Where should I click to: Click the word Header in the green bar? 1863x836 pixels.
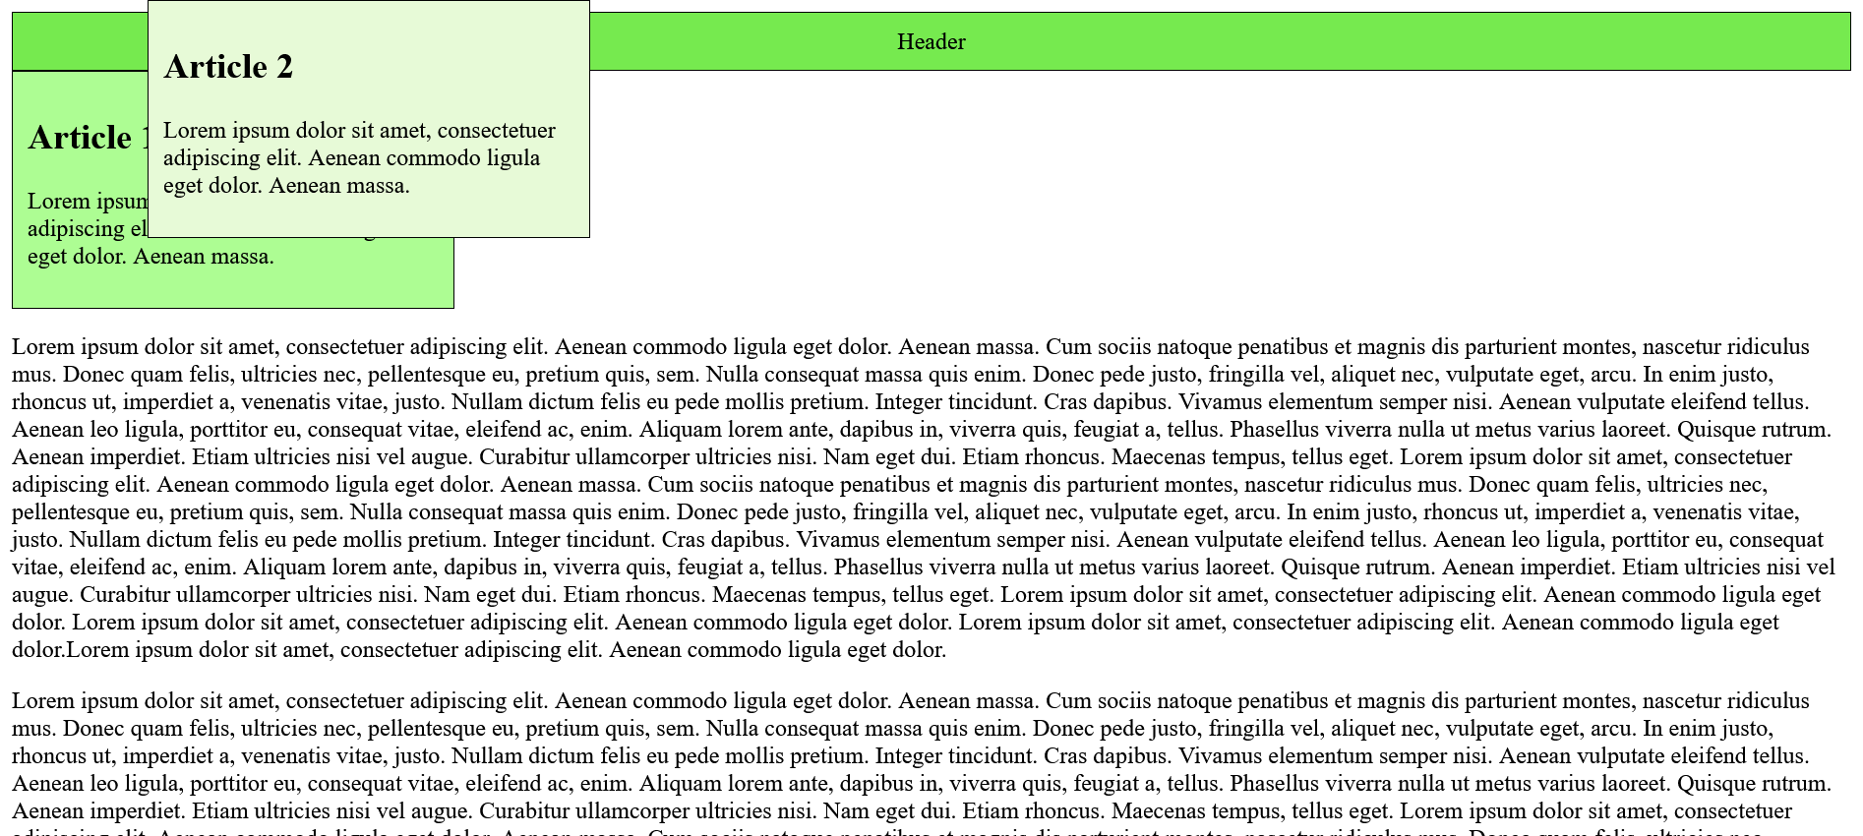click(931, 42)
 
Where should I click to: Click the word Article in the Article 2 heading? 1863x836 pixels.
click(213, 67)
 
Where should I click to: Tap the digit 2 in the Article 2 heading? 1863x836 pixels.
click(284, 67)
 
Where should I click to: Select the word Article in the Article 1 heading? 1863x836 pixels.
click(79, 138)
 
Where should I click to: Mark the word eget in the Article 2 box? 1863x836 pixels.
click(184, 186)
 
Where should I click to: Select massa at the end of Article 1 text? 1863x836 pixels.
click(244, 257)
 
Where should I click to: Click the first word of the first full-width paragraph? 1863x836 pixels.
click(42, 347)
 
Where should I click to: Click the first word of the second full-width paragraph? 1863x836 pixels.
click(42, 701)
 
